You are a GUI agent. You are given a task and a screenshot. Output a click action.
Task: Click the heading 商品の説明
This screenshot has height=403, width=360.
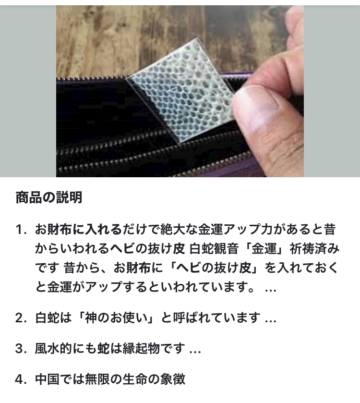[49, 197]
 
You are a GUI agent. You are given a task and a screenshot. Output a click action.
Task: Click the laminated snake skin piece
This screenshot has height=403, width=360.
[181, 90]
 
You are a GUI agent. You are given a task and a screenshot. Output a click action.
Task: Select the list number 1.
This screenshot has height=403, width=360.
[21, 230]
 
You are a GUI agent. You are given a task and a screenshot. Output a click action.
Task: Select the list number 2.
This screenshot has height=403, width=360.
[21, 318]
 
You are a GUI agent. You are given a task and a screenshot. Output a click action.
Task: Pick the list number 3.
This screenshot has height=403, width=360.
[21, 349]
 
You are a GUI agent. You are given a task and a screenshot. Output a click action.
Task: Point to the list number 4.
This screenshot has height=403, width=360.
[21, 379]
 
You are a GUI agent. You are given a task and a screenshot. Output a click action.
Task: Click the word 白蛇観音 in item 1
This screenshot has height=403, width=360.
[214, 248]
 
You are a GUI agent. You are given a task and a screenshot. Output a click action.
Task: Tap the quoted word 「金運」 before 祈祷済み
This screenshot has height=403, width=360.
[264, 248]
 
